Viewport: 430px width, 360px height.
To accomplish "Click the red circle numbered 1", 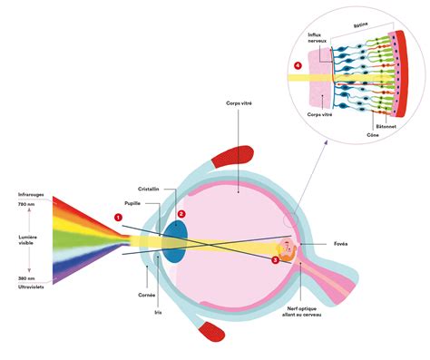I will [x=117, y=216].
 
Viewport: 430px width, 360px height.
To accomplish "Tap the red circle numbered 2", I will [x=182, y=214].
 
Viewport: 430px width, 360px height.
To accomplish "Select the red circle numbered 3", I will [x=276, y=259].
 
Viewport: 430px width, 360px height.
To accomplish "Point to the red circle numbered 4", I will [x=298, y=65].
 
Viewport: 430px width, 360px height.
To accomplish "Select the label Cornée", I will [x=148, y=295].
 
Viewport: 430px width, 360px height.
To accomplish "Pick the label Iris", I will [x=158, y=308].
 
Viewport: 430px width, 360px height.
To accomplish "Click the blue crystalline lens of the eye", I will [x=174, y=238].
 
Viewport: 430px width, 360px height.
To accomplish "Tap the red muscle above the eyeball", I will [x=239, y=156].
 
